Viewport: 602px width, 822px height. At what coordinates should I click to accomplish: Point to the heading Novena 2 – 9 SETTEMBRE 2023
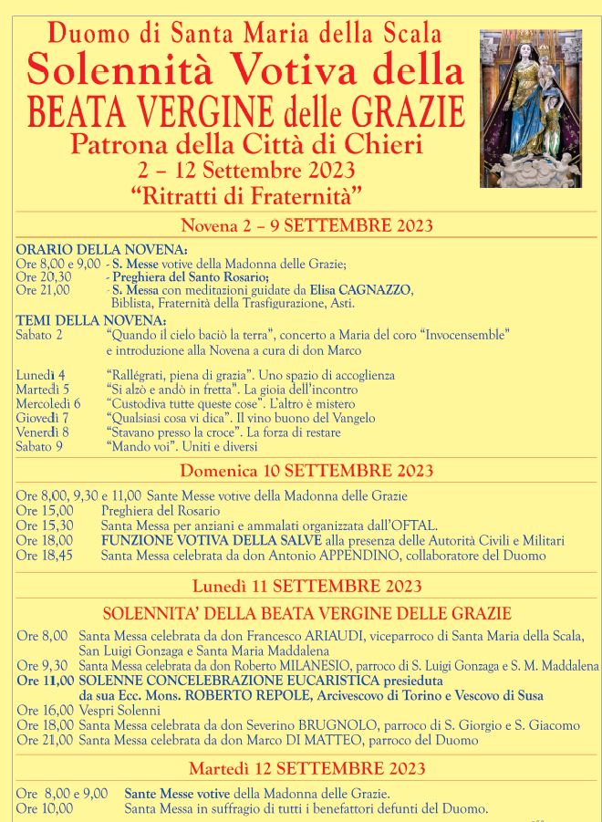point(306,225)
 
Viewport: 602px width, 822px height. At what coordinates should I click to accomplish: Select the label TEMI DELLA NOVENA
point(91,321)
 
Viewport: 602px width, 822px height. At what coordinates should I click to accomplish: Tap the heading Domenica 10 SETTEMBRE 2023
point(306,471)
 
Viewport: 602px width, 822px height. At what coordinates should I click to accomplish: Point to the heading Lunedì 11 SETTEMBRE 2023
point(306,586)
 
